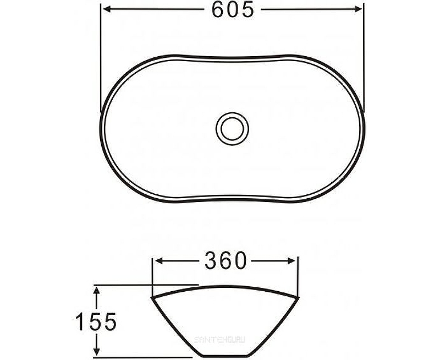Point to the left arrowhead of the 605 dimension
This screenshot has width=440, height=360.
click(x=106, y=9)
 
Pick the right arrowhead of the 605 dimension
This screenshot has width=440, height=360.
click(x=359, y=9)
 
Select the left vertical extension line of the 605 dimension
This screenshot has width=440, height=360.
click(x=101, y=55)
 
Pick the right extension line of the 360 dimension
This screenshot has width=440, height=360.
click(x=298, y=275)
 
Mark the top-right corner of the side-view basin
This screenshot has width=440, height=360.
click(x=300, y=298)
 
